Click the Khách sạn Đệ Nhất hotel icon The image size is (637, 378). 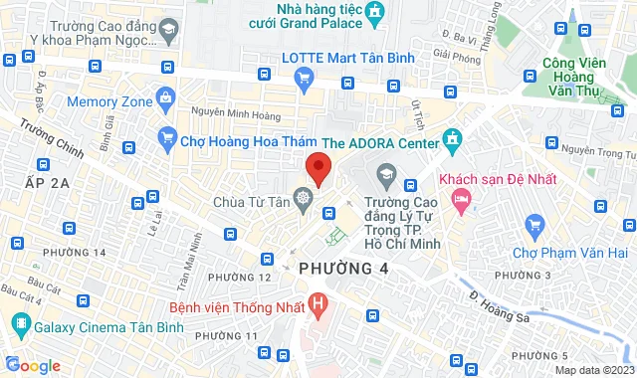coord(460,200)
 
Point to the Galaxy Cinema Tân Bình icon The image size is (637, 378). coord(19,324)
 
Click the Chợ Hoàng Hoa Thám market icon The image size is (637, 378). coord(166,141)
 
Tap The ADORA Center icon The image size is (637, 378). coord(453,141)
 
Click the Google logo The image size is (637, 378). coord(32,365)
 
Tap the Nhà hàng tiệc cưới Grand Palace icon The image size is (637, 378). coord(374,13)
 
